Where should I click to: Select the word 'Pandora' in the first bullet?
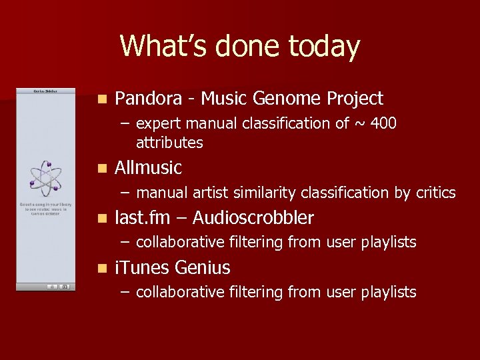[148, 99]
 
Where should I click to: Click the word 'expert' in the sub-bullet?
[158, 124]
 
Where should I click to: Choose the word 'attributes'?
[169, 143]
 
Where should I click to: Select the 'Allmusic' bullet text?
[148, 168]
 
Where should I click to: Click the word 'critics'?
[435, 193]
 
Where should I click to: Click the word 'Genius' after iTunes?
[202, 268]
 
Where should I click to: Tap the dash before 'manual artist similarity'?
[125, 193]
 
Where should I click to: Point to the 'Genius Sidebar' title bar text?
[45, 91]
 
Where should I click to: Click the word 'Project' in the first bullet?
[355, 99]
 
